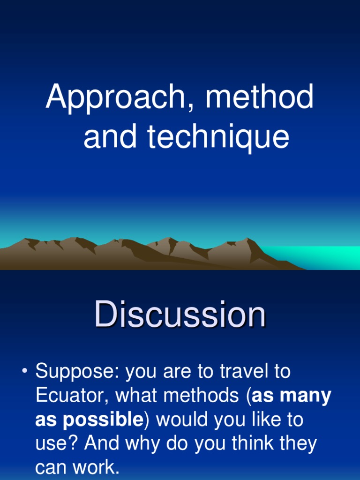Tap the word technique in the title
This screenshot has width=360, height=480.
tap(218, 137)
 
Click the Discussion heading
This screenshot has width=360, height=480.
tap(180, 315)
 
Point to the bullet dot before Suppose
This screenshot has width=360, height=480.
tap(24, 372)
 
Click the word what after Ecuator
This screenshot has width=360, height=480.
tap(136, 396)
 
